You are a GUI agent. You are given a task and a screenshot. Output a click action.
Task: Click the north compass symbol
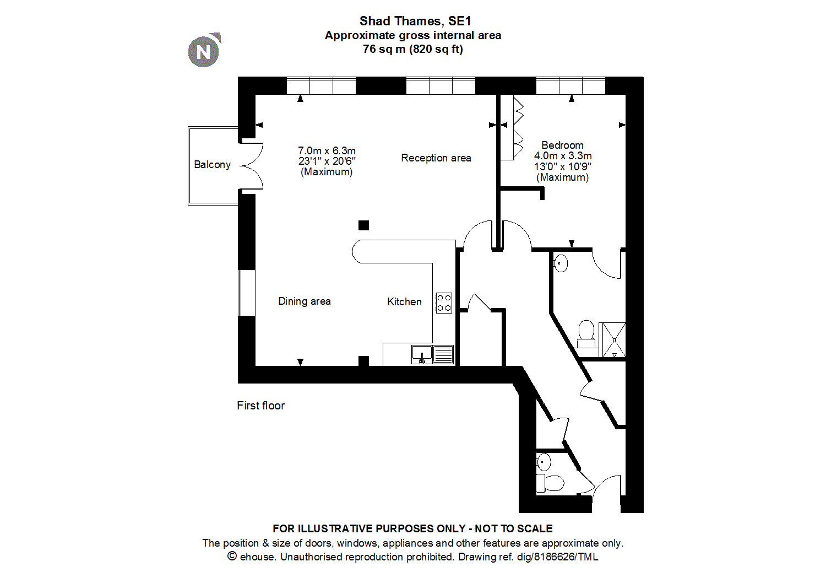(x=204, y=52)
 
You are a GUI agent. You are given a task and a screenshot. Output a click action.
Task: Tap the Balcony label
(x=212, y=165)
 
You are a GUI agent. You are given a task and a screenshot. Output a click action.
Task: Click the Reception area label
(x=436, y=158)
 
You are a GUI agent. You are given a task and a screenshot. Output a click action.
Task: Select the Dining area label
(x=304, y=301)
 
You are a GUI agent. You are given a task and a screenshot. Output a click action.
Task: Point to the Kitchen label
(x=404, y=302)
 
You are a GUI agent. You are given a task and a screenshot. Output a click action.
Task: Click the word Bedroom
(x=562, y=145)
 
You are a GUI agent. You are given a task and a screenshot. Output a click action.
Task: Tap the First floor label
(x=260, y=406)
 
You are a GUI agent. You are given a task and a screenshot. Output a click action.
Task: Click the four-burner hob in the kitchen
(x=444, y=303)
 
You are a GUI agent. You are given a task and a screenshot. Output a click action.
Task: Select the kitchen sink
(x=422, y=354)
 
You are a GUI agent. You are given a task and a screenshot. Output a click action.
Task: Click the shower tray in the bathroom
(x=612, y=339)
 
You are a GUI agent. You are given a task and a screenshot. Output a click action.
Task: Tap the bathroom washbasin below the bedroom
(x=561, y=263)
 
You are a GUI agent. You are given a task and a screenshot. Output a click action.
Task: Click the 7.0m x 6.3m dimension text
(x=327, y=151)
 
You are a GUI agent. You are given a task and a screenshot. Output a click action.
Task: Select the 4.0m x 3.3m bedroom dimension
(x=563, y=156)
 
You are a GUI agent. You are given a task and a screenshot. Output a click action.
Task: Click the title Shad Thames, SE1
(x=415, y=21)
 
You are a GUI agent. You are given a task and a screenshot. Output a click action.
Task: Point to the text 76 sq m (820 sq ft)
(x=413, y=49)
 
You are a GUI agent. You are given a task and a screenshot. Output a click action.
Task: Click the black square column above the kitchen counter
(x=363, y=225)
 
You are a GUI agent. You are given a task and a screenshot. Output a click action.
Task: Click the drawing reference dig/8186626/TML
(x=557, y=557)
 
